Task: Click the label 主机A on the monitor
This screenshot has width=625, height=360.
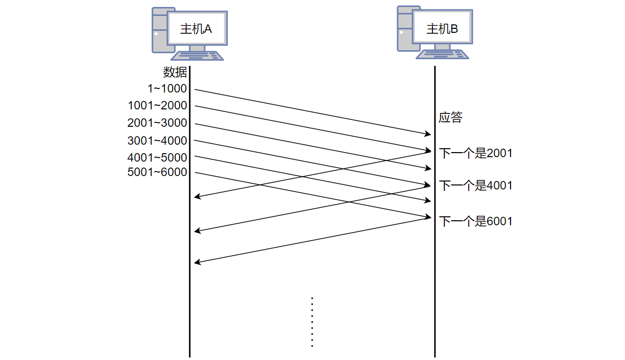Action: (x=196, y=29)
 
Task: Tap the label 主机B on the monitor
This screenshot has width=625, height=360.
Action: (x=442, y=29)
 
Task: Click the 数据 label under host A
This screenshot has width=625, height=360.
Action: (x=175, y=73)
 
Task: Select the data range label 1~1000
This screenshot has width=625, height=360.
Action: (x=167, y=89)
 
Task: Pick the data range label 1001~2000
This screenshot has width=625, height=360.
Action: (x=157, y=106)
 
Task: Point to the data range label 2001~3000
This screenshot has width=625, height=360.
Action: (x=157, y=123)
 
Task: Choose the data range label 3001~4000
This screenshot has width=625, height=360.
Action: (x=157, y=141)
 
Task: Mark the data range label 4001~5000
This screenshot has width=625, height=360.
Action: (x=157, y=158)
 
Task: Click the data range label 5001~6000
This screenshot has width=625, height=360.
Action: (x=157, y=173)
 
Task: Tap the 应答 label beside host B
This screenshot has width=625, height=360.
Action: (x=450, y=118)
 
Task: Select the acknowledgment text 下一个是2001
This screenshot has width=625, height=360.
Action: (x=475, y=153)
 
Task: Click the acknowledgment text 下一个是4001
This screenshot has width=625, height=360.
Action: (x=475, y=186)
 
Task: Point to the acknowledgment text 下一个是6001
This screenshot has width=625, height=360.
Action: (x=475, y=221)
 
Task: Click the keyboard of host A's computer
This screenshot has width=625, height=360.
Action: (x=198, y=56)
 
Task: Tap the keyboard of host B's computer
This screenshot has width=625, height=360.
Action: (x=442, y=54)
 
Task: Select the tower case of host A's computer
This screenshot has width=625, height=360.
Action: (x=159, y=31)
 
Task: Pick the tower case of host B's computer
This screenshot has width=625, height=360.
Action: (x=404, y=29)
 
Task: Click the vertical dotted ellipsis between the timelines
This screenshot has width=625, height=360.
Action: (x=312, y=322)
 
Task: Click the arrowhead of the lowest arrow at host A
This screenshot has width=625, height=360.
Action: (x=197, y=262)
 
